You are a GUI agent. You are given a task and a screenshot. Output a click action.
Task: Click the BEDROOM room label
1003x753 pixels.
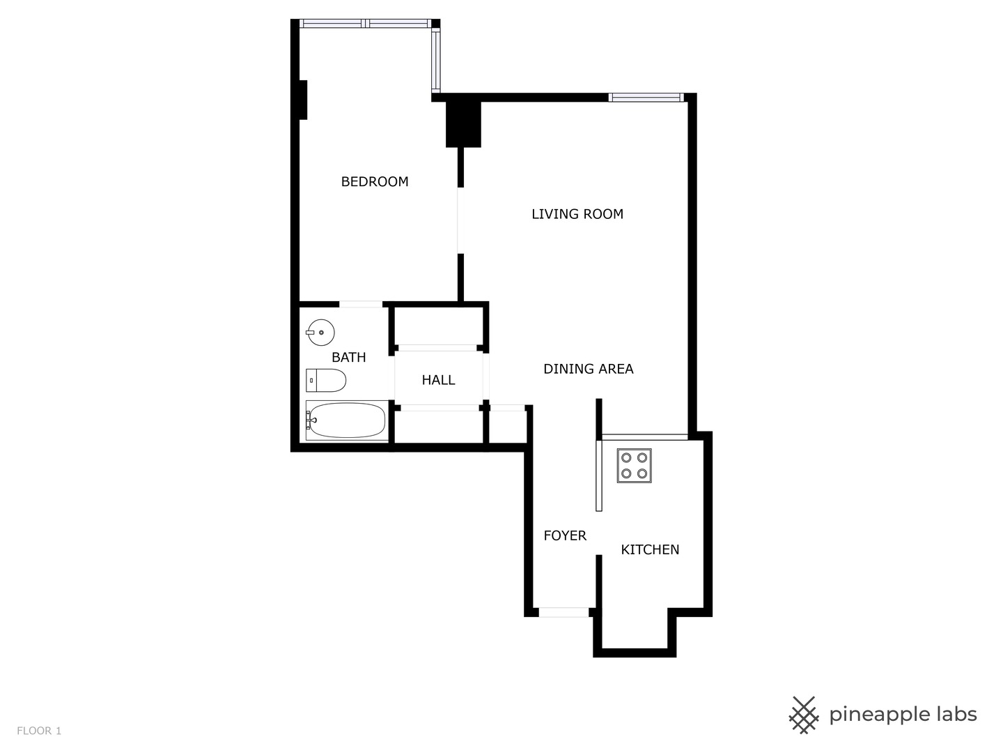375,182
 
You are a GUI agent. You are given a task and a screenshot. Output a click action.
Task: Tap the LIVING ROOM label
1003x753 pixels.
577,214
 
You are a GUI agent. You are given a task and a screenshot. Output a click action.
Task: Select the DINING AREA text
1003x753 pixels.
589,369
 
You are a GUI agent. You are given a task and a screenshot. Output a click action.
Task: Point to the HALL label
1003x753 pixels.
438,380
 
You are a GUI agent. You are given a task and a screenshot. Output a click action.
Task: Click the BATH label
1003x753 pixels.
348,358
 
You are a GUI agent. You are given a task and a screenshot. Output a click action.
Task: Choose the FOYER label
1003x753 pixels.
565,535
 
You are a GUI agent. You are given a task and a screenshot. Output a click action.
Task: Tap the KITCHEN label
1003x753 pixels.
650,549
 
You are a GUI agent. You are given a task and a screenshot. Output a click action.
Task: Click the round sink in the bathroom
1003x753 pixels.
320,332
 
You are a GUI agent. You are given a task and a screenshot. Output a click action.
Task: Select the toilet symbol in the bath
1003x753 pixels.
326,381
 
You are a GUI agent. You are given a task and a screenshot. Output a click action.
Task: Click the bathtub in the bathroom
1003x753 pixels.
346,420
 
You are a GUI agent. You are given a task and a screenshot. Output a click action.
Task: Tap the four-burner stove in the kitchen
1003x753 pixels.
634,466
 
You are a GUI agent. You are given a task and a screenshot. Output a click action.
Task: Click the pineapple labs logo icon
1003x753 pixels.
803,715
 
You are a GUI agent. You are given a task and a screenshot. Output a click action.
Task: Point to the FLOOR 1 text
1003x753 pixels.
39,731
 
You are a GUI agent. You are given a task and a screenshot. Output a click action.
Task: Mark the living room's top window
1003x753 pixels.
646,98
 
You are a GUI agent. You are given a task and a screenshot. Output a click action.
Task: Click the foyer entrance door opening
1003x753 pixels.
563,612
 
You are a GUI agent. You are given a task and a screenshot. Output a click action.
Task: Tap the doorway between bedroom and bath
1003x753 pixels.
360,304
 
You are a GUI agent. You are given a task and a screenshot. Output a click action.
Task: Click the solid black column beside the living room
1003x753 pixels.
463,124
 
